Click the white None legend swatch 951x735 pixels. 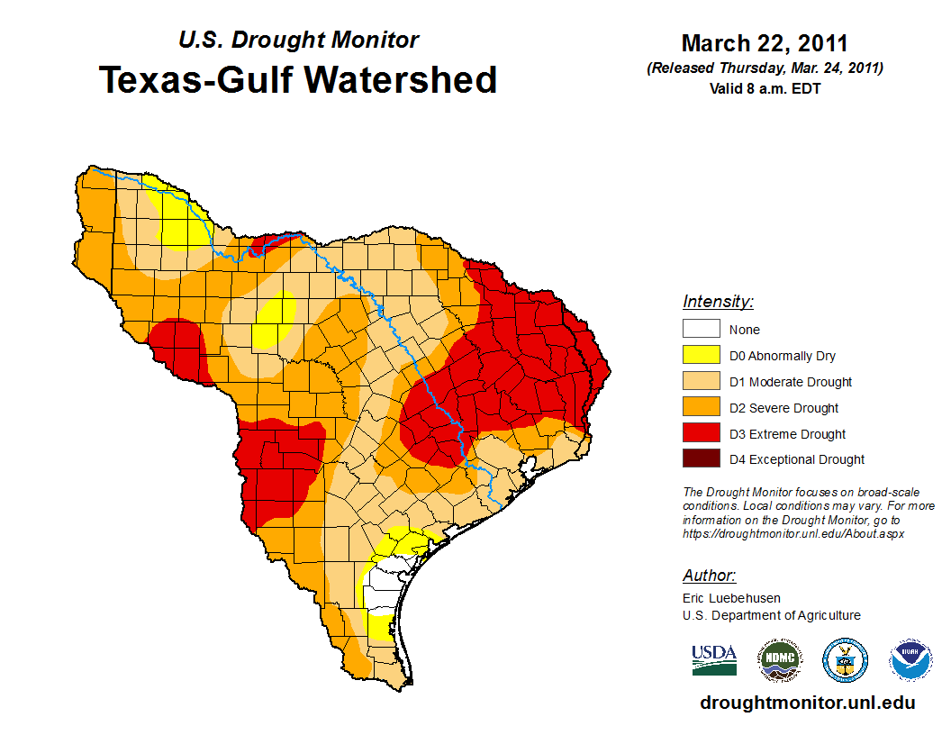point(702,330)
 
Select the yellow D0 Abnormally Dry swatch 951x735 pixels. point(702,356)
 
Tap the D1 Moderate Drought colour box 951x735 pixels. point(702,382)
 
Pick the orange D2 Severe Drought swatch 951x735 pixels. point(702,408)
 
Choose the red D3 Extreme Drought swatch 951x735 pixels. point(702,434)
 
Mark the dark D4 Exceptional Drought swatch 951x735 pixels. point(702,459)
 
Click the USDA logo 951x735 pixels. point(714,659)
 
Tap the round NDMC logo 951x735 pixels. point(779,660)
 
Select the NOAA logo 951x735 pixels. point(910,660)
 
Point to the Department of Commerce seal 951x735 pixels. point(846,660)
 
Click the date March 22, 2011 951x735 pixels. point(765,43)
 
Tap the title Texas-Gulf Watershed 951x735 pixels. point(298,80)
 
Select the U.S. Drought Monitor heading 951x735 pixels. point(298,41)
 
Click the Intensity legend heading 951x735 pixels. point(718,302)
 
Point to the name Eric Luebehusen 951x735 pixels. point(731,598)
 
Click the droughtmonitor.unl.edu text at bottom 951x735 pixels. point(808,703)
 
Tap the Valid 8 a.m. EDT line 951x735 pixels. point(765,88)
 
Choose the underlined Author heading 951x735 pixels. point(709,576)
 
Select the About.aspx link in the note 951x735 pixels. point(793,533)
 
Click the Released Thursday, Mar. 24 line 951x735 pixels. point(765,68)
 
